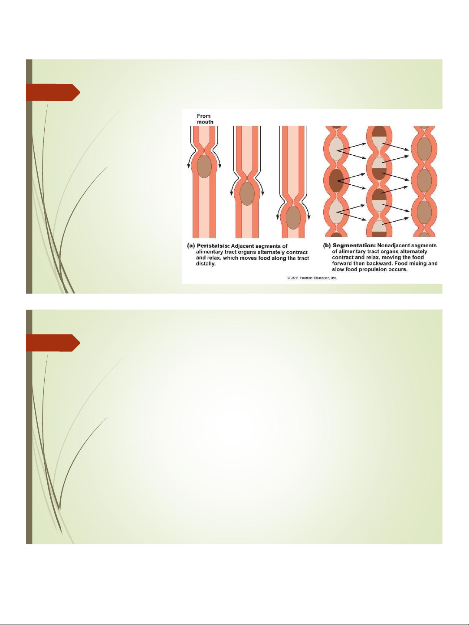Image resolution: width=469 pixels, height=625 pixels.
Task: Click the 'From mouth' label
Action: [205, 119]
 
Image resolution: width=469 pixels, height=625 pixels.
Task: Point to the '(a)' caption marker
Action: [191, 246]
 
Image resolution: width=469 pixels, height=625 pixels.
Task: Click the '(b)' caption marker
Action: [327, 245]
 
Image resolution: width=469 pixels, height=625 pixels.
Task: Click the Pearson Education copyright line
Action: [312, 278]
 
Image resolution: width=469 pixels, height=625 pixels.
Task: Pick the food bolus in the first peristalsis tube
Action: [204, 166]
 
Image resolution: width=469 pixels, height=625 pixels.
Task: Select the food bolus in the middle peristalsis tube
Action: [247, 193]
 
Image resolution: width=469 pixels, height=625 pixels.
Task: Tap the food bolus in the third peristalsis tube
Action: [293, 218]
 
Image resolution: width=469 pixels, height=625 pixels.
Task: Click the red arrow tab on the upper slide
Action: [53, 92]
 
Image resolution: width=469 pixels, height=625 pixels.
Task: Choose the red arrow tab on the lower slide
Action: [53, 343]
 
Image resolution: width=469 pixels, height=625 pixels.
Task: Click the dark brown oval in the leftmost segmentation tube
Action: [337, 180]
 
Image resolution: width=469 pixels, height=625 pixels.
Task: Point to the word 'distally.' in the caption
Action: [206, 264]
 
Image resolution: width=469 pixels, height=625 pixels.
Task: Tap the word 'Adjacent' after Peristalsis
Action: [243, 246]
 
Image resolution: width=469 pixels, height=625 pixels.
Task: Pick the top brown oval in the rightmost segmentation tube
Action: [425, 149]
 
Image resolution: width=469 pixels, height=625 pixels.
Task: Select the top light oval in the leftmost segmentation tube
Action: [337, 149]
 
